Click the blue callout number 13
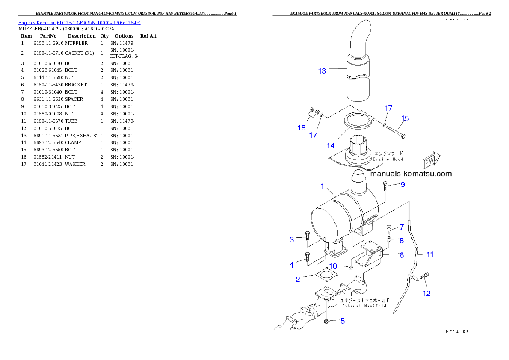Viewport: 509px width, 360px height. [322, 71]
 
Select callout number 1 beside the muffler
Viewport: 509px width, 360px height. [323, 186]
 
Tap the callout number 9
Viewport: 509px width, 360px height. [402, 185]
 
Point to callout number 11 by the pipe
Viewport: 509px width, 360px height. [430, 255]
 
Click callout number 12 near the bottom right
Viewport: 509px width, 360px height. [426, 294]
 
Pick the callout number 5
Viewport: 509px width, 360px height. [343, 321]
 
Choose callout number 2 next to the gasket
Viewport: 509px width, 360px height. [298, 280]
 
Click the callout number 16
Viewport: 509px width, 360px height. [302, 128]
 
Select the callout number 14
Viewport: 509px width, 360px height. [331, 146]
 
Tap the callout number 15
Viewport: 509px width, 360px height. [405, 118]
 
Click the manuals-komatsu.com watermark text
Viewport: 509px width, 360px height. [411, 174]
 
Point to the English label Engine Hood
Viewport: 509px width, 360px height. [388, 159]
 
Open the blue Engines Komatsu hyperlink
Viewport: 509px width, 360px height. [79, 23]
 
